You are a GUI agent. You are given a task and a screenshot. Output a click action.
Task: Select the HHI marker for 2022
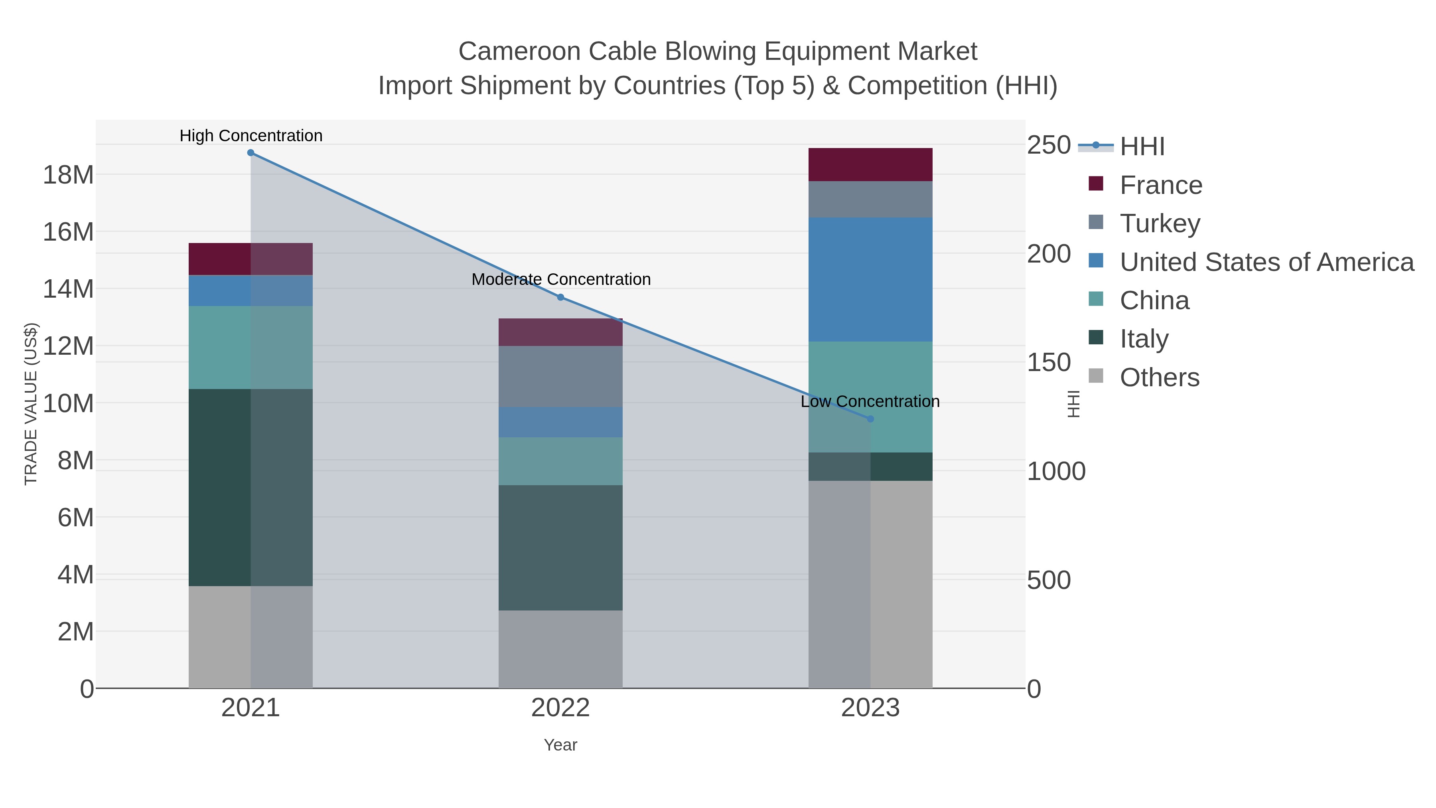pos(560,297)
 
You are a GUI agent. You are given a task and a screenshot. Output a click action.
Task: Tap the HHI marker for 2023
pos(870,419)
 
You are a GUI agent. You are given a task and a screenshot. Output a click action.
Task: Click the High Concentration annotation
pos(251,136)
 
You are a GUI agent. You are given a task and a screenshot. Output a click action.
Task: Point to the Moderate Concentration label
pos(561,279)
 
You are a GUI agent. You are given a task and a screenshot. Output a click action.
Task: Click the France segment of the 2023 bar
pos(870,164)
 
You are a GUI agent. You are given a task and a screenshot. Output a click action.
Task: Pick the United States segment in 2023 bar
pos(870,279)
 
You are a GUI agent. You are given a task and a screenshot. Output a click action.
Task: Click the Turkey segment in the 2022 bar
pos(560,376)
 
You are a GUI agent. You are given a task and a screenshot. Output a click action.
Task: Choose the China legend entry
pos(1154,300)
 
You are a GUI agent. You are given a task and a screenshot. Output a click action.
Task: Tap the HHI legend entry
pos(1142,146)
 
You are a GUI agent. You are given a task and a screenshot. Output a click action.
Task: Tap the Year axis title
pos(560,745)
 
